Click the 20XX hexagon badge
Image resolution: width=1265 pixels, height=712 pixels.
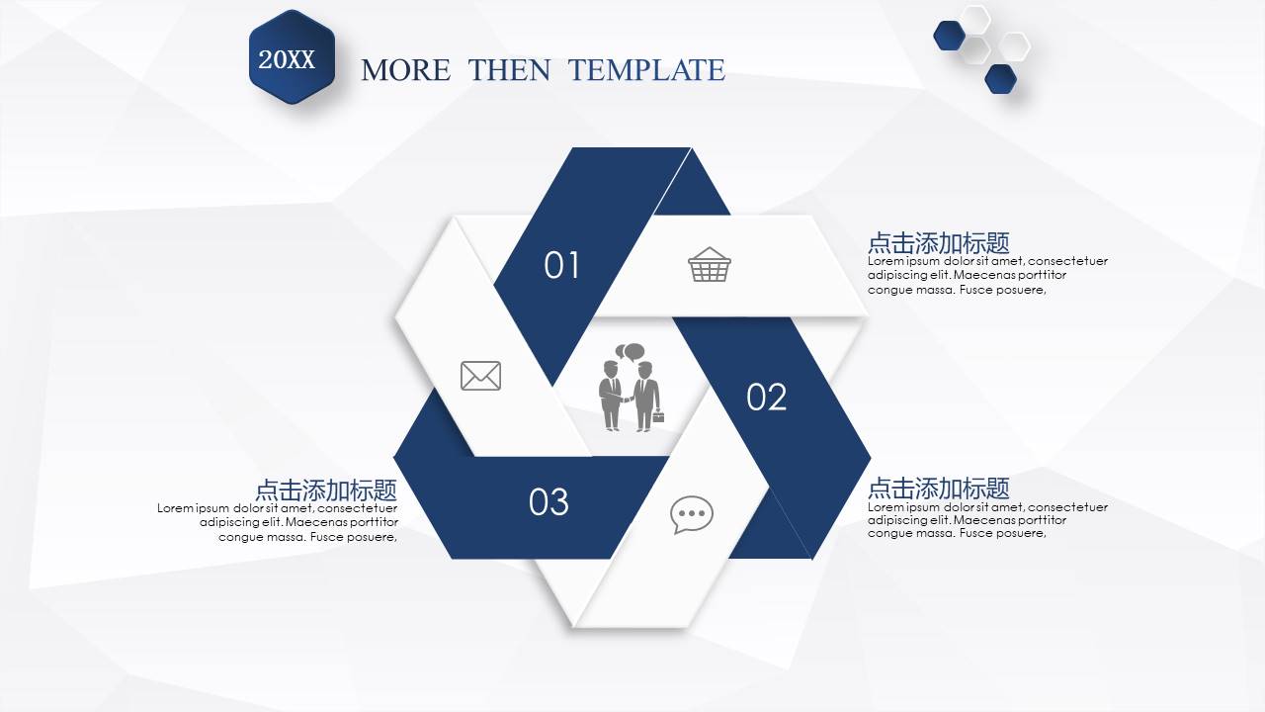[x=292, y=57]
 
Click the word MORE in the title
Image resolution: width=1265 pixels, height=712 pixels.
[x=405, y=70]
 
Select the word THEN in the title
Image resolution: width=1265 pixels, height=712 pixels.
[x=509, y=70]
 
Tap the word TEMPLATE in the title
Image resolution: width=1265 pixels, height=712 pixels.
[x=646, y=70]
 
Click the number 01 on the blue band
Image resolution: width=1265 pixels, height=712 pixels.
[x=561, y=265]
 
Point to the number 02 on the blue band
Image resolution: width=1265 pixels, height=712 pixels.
[x=766, y=397]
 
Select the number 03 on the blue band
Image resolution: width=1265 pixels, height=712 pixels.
[x=548, y=501]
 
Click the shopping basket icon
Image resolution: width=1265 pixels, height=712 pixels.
[x=710, y=264]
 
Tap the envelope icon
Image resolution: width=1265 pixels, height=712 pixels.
[x=480, y=376]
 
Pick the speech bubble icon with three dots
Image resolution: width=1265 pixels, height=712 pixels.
[x=691, y=514]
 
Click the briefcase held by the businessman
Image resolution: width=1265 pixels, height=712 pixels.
[x=658, y=417]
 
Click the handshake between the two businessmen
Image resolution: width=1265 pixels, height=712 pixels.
[x=627, y=399]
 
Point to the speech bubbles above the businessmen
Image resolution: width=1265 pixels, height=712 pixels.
[x=630, y=351]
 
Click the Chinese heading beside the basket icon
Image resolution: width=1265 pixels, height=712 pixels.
[x=939, y=243]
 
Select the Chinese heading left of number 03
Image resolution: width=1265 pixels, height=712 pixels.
[x=326, y=489]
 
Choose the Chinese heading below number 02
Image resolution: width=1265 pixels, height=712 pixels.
[x=939, y=488]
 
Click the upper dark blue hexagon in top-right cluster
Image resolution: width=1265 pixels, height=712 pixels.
[x=950, y=35]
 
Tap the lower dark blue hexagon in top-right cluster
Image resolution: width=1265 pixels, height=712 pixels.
[x=1001, y=78]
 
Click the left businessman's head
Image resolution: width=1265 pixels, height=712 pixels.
[x=611, y=369]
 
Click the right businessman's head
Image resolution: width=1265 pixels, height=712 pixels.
[x=645, y=370]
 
